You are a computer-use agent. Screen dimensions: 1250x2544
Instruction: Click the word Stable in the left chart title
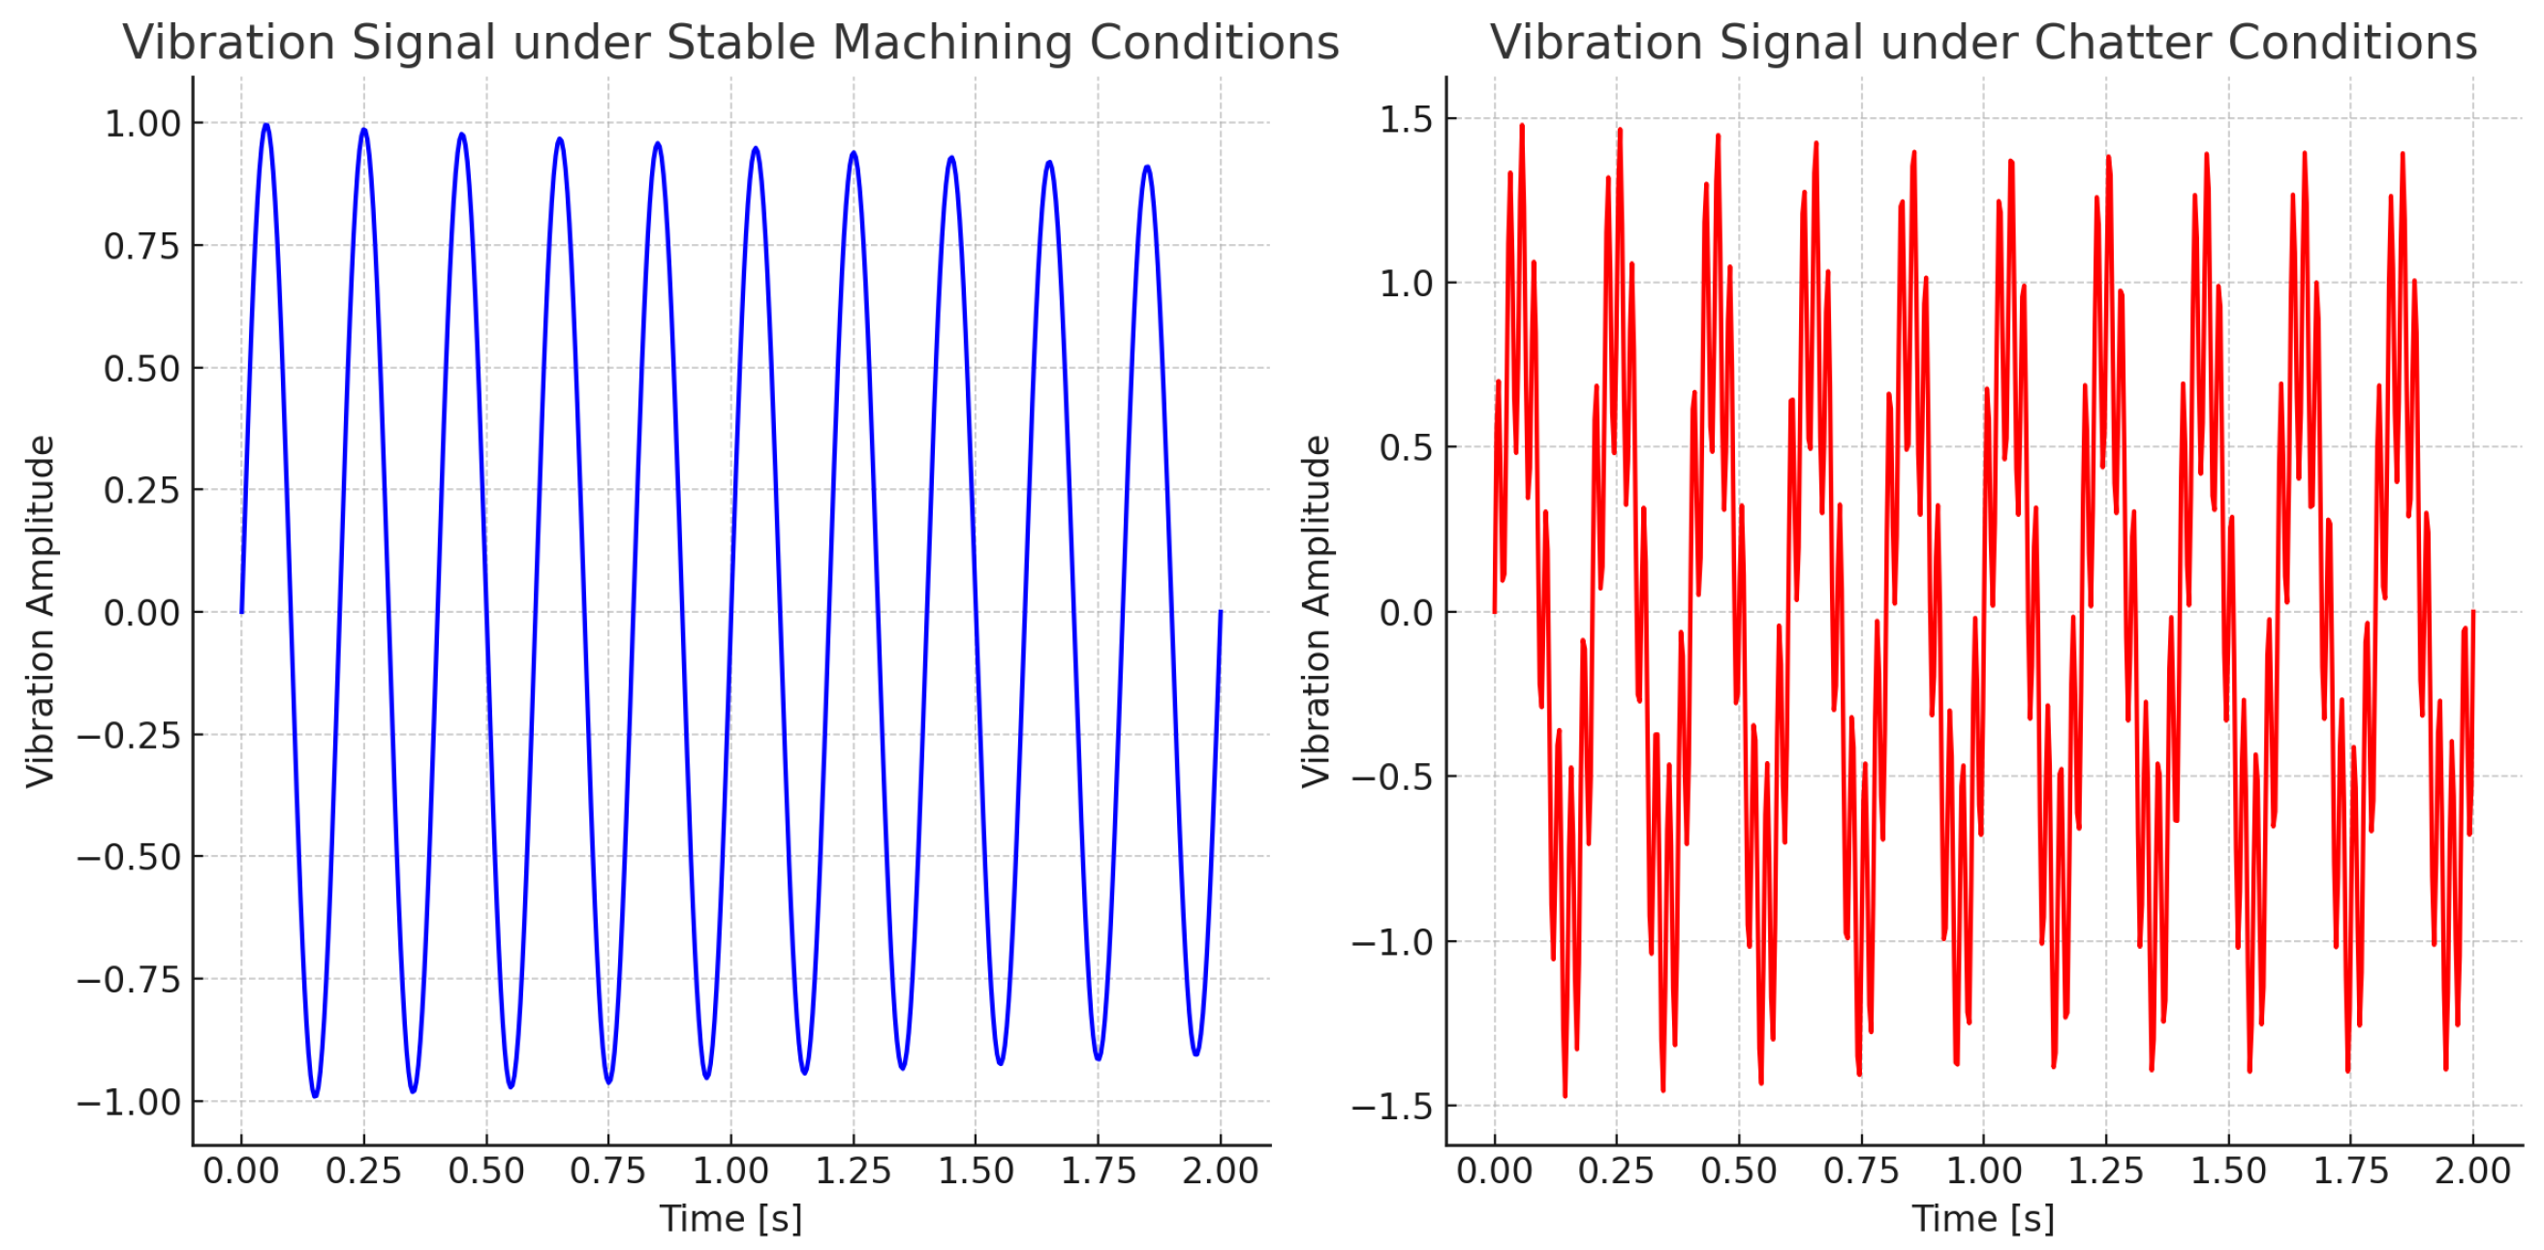743,43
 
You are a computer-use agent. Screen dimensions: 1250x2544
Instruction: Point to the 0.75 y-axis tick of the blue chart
143,246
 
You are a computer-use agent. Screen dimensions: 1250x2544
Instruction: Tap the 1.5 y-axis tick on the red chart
1406,119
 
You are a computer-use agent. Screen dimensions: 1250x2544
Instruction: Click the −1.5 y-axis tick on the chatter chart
1391,1107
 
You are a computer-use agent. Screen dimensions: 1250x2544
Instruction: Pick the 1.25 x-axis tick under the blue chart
853,1172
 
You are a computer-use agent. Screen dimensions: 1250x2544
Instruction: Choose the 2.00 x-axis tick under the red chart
2472,1172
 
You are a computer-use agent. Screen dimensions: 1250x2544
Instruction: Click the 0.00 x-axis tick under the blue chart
241,1172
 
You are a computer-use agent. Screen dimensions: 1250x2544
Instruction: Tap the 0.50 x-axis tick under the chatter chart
1738,1172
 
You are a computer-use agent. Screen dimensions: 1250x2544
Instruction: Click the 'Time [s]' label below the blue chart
730,1219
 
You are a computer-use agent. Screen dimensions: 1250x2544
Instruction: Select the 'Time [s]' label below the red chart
1983,1219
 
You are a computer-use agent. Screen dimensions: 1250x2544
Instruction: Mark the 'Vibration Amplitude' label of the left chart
41,611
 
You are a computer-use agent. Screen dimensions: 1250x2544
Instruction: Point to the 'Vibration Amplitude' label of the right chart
1317,611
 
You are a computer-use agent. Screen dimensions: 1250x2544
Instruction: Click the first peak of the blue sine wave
265,126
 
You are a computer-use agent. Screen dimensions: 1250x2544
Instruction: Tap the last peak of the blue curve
1147,167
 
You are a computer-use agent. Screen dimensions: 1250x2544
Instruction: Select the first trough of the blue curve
315,1096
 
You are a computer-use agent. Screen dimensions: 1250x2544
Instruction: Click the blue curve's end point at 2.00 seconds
1221,612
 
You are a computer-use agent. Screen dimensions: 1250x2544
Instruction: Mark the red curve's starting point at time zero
1494,612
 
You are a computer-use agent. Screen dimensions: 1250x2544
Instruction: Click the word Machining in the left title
952,43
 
